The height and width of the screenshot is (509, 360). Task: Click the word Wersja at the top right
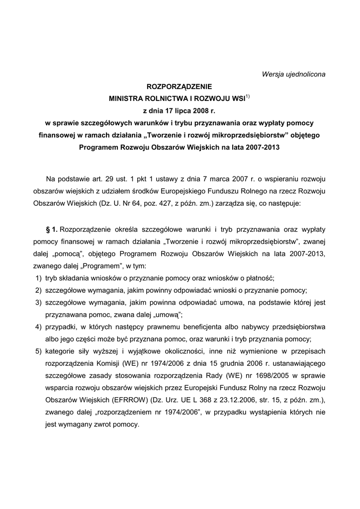click(272, 75)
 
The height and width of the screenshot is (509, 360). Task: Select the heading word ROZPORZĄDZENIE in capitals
click(180, 86)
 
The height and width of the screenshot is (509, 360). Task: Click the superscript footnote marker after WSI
click(247, 96)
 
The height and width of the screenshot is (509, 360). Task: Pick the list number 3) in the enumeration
click(38, 302)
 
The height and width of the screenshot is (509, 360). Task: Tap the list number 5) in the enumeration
click(38, 351)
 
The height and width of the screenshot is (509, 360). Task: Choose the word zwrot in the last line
click(94, 425)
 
